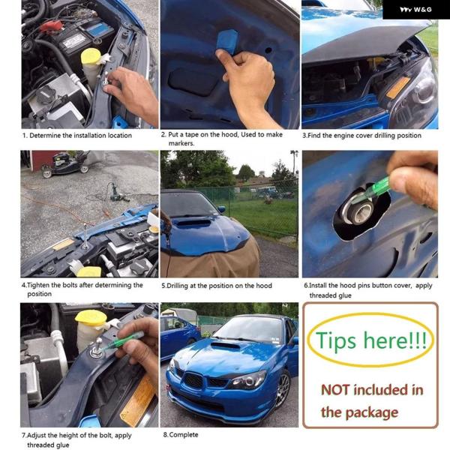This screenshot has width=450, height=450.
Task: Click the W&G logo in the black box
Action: pyautogui.click(x=415, y=10)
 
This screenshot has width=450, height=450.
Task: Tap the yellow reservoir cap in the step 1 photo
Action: pyautogui.click(x=91, y=56)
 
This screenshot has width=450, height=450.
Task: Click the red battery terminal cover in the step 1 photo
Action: pyautogui.click(x=51, y=26)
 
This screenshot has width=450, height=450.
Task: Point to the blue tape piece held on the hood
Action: pyautogui.click(x=228, y=41)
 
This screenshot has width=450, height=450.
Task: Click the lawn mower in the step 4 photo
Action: pyautogui.click(x=65, y=164)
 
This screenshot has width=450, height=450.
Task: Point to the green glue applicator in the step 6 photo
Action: pyautogui.click(x=371, y=191)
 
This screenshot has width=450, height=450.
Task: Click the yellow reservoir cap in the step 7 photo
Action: pyautogui.click(x=91, y=318)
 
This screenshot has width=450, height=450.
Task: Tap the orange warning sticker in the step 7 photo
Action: pyautogui.click(x=138, y=401)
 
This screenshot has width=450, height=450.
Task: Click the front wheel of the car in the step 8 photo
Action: pyautogui.click(x=283, y=389)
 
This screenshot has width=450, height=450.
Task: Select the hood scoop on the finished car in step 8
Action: pyautogui.click(x=225, y=346)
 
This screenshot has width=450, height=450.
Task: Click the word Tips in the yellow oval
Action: pyautogui.click(x=336, y=340)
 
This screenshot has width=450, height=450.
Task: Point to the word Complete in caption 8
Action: pyautogui.click(x=184, y=435)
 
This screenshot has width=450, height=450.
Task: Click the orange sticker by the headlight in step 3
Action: pyautogui.click(x=398, y=87)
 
